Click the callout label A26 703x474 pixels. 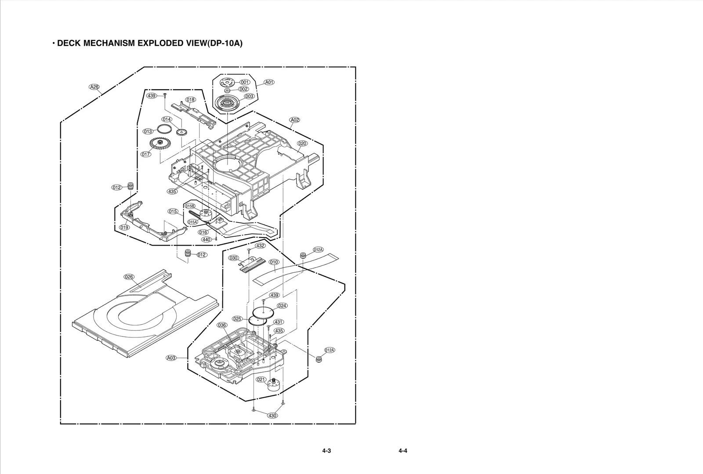[x=94, y=87]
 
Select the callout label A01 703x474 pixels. [x=269, y=82]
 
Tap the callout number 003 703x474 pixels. [x=249, y=96]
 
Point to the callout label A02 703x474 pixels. [x=294, y=120]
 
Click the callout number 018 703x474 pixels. [x=190, y=100]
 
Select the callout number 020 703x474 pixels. [x=302, y=144]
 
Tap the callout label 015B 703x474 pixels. [x=190, y=206]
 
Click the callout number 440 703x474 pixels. [x=207, y=239]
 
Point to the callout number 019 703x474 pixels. [x=124, y=228]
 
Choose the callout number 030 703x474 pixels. [x=234, y=258]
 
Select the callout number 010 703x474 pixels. [x=274, y=262]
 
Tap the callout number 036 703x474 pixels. [x=222, y=325]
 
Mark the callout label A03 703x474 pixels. [x=171, y=358]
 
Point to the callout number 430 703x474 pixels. [x=272, y=416]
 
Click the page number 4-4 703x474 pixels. [x=403, y=451]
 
